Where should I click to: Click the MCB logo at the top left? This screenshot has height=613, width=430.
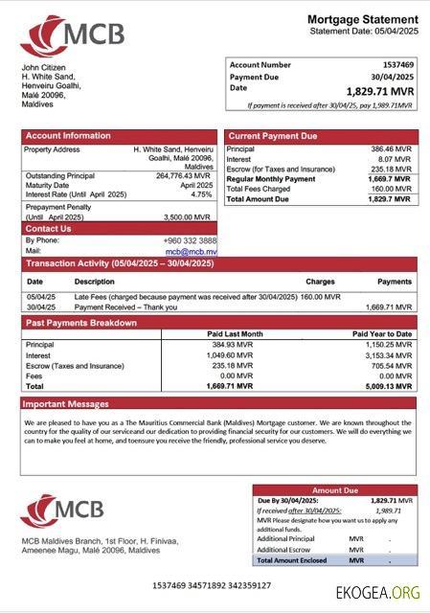(x=72, y=36)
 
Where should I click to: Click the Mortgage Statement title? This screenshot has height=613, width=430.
(x=362, y=19)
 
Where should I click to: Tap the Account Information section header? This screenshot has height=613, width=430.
(x=68, y=136)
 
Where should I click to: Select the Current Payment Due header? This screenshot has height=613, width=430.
(x=273, y=136)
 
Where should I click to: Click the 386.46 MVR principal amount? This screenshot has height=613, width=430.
(x=391, y=150)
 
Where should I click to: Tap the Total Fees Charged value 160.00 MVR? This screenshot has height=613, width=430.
(x=391, y=189)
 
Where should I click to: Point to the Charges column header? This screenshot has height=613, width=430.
(x=320, y=283)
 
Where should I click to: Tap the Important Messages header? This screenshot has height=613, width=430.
(x=67, y=404)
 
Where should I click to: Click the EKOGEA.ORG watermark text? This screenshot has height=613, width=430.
(x=377, y=592)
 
